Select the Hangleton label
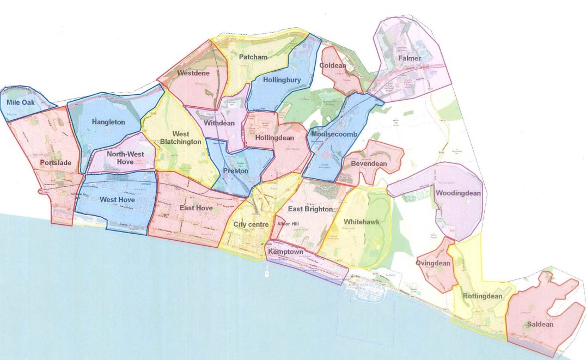[108, 123]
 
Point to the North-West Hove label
[125, 158]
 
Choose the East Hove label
[196, 208]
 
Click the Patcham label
[253, 57]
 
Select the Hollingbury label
[282, 80]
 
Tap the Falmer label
[410, 58]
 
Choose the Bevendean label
[369, 163]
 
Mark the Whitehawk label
[361, 222]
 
